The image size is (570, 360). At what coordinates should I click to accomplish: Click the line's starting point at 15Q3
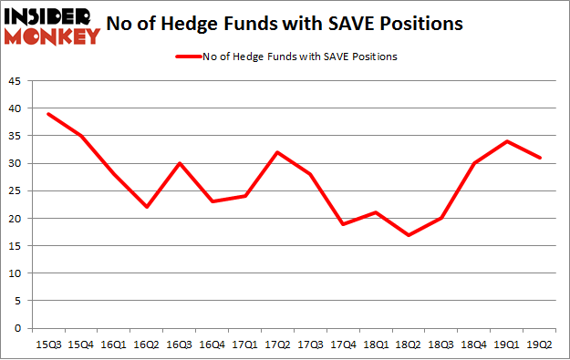pyautogui.click(x=48, y=114)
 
